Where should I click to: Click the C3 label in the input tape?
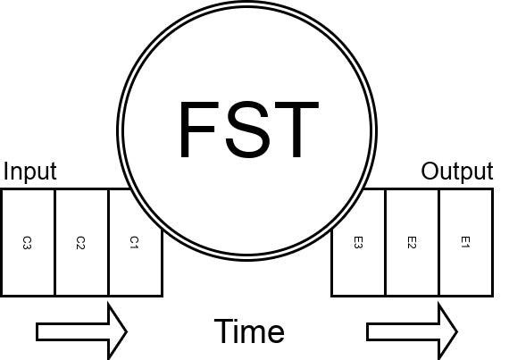(x=27, y=242)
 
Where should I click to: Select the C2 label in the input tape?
(x=80, y=242)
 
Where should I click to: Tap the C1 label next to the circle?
(x=134, y=242)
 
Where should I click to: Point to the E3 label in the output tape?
(x=358, y=242)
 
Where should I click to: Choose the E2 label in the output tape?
(x=412, y=242)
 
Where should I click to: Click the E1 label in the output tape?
(x=465, y=242)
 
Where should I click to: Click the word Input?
(x=29, y=172)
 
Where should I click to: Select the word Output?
(x=457, y=172)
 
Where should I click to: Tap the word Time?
(x=249, y=331)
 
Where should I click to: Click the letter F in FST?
(x=198, y=130)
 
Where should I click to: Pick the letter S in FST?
(x=247, y=130)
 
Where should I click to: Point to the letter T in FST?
(x=296, y=130)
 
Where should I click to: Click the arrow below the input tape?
(x=81, y=331)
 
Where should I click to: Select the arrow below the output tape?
(x=412, y=331)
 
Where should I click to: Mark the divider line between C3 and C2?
(x=54, y=242)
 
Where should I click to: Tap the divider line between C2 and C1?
(x=108, y=242)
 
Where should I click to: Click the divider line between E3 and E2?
(x=385, y=242)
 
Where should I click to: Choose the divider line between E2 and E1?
(x=438, y=242)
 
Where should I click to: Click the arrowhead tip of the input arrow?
(x=127, y=331)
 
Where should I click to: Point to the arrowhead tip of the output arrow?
(x=457, y=331)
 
